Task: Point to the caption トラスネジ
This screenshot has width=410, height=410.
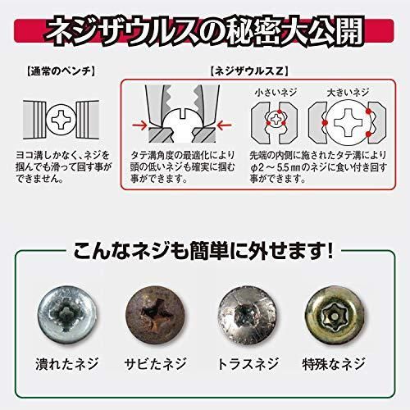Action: click(249, 363)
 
